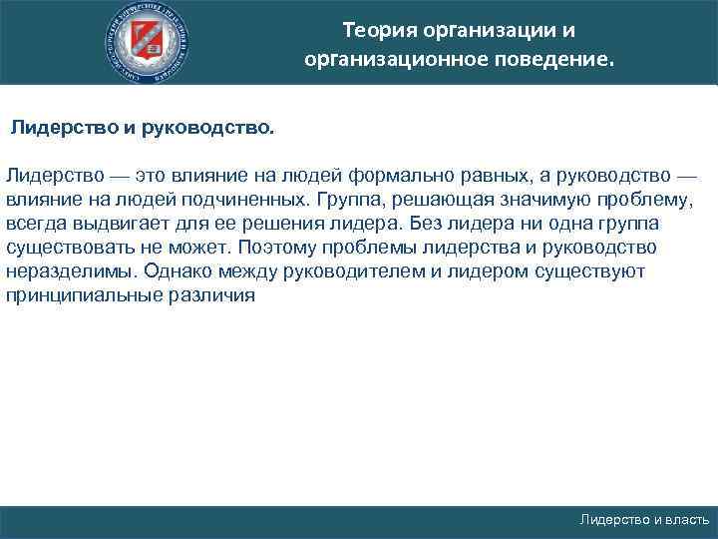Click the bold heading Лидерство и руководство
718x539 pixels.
[141, 129]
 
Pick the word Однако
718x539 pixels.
[176, 270]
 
